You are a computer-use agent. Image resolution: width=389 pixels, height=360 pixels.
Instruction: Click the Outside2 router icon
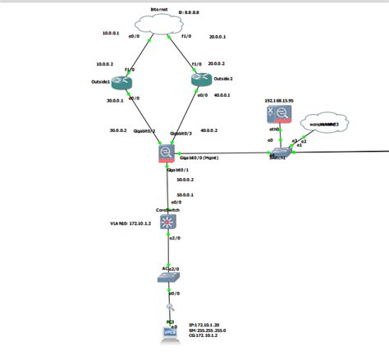pos(199,80)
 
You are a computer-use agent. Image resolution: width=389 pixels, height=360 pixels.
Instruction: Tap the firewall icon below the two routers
pos(167,153)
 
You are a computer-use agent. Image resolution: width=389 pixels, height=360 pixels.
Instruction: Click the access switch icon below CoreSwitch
pos(167,277)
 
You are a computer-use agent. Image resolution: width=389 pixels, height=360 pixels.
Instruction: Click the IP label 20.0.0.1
pos(217,37)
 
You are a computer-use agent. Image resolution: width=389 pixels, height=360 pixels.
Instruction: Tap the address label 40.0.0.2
pos(208,130)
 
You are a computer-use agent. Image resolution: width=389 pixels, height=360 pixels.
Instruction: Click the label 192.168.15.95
pos(280,100)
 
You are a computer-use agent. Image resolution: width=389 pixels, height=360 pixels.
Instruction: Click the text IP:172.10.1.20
pos(206,325)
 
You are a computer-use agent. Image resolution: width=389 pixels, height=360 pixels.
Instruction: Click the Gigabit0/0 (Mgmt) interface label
pos(200,157)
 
